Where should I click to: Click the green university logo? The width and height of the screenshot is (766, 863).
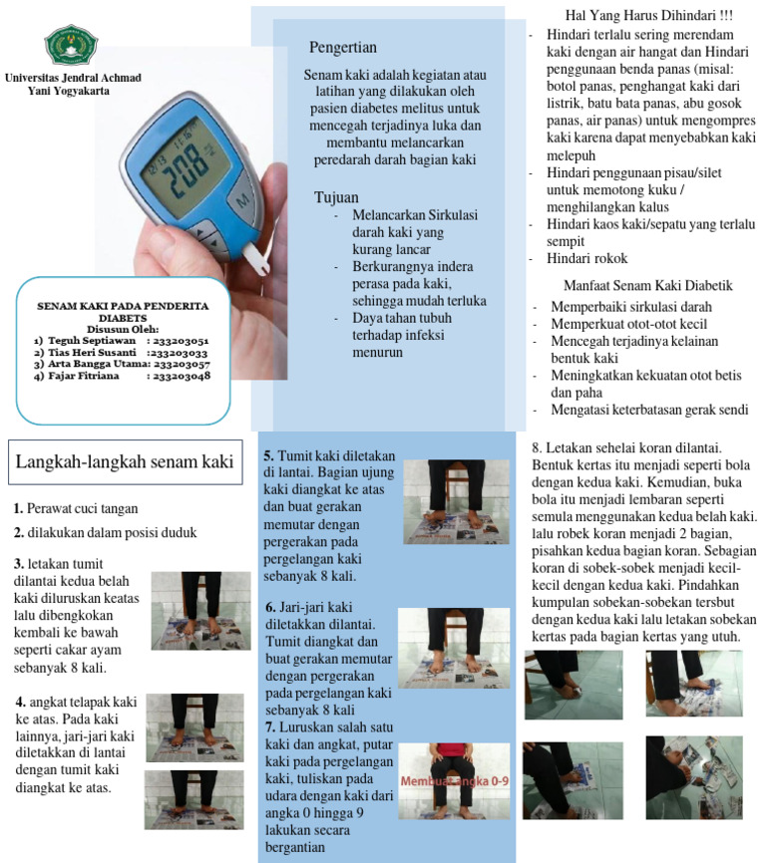[x=71, y=44]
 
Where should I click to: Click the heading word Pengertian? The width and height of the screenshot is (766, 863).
[x=343, y=47]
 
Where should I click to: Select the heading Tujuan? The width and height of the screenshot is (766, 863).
[x=336, y=197]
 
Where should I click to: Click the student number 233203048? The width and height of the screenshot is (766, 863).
[x=182, y=376]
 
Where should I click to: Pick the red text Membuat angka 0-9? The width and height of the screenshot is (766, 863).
[x=454, y=782]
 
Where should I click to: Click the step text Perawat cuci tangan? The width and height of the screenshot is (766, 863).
[x=83, y=508]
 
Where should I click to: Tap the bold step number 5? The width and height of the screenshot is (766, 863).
[x=268, y=453]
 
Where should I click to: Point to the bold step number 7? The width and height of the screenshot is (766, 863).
[x=270, y=727]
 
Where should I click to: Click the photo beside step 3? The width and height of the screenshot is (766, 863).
[x=200, y=611]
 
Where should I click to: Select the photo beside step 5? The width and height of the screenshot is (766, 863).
[x=455, y=501]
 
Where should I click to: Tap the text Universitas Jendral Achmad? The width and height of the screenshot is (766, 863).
[x=73, y=78]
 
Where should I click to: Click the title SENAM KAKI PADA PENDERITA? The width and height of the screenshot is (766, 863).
[x=122, y=307]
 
